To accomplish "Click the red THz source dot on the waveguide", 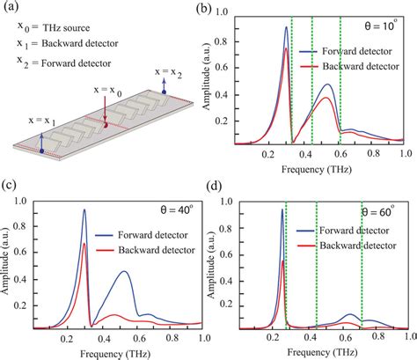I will click(105, 125).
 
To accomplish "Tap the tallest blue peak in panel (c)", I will click(84, 210).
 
